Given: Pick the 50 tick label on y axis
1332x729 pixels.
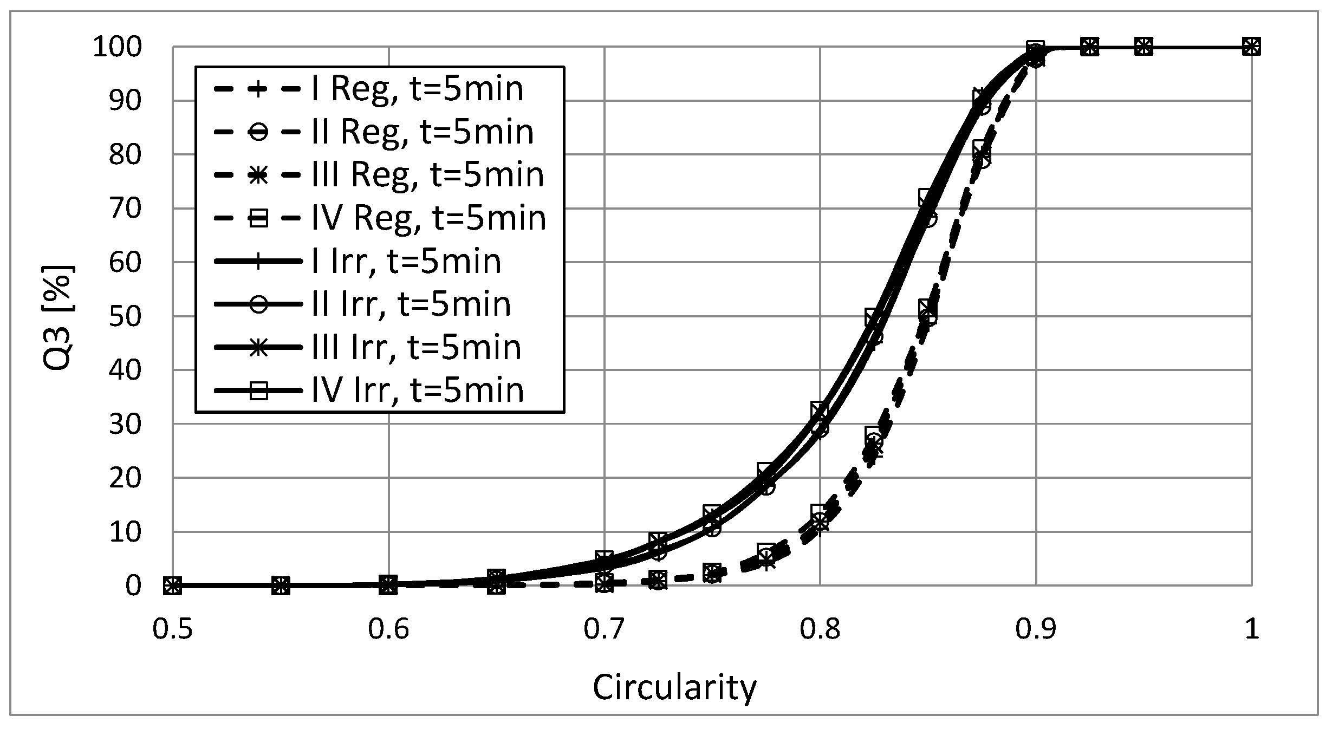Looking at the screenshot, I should pyautogui.click(x=125, y=316).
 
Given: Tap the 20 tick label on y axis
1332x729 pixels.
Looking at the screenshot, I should pyautogui.click(x=125, y=478).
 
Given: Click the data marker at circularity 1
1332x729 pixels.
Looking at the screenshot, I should pyautogui.click(x=1251, y=47).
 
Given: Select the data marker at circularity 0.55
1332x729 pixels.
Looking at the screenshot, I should pyautogui.click(x=281, y=585).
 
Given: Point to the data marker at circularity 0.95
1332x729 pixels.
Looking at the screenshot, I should pyautogui.click(x=1143, y=47).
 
